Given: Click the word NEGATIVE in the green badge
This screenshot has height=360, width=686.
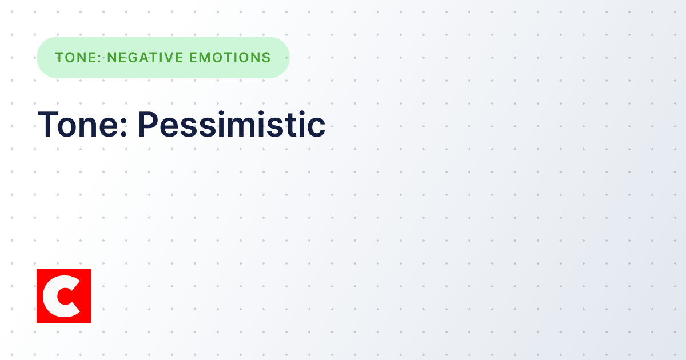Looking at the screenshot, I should tap(142, 58).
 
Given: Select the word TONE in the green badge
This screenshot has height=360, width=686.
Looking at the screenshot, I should tap(76, 58).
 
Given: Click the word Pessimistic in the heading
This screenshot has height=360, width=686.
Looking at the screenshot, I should tap(232, 124).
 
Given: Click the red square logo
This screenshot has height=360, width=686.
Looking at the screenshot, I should tap(64, 296).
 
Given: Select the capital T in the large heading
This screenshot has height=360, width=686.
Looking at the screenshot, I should tap(47, 124).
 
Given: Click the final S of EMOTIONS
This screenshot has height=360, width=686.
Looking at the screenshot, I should tap(266, 58).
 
